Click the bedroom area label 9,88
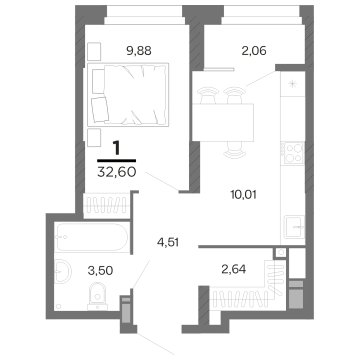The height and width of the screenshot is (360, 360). pos(139,50)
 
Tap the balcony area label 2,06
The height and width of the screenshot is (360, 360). pos(254,50)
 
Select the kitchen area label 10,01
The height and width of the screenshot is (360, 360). pos(243,194)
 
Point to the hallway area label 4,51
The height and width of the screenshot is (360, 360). pos(168,242)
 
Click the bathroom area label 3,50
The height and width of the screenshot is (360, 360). pos(100,270)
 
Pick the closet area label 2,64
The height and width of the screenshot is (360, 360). pos(233,269)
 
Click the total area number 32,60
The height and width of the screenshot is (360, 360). pos(116,171)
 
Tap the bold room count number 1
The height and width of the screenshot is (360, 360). pos(116,148)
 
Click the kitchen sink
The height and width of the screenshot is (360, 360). pos(294,227)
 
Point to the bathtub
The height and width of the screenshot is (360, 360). pos(92,237)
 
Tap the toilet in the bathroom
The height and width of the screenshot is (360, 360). pos(97,296)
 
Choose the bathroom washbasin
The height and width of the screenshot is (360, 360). pos(62,271)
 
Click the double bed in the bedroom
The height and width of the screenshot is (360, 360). pos(128,94)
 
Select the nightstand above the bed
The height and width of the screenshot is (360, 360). pos(94,52)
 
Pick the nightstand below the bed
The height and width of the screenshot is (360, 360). pos(94,137)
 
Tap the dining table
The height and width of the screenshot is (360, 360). pos(223,122)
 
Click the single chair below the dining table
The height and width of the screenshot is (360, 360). pos(234,150)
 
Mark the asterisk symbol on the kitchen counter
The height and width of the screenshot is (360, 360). pos(292,84)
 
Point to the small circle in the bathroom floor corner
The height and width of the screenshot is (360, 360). pos(58,306)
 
